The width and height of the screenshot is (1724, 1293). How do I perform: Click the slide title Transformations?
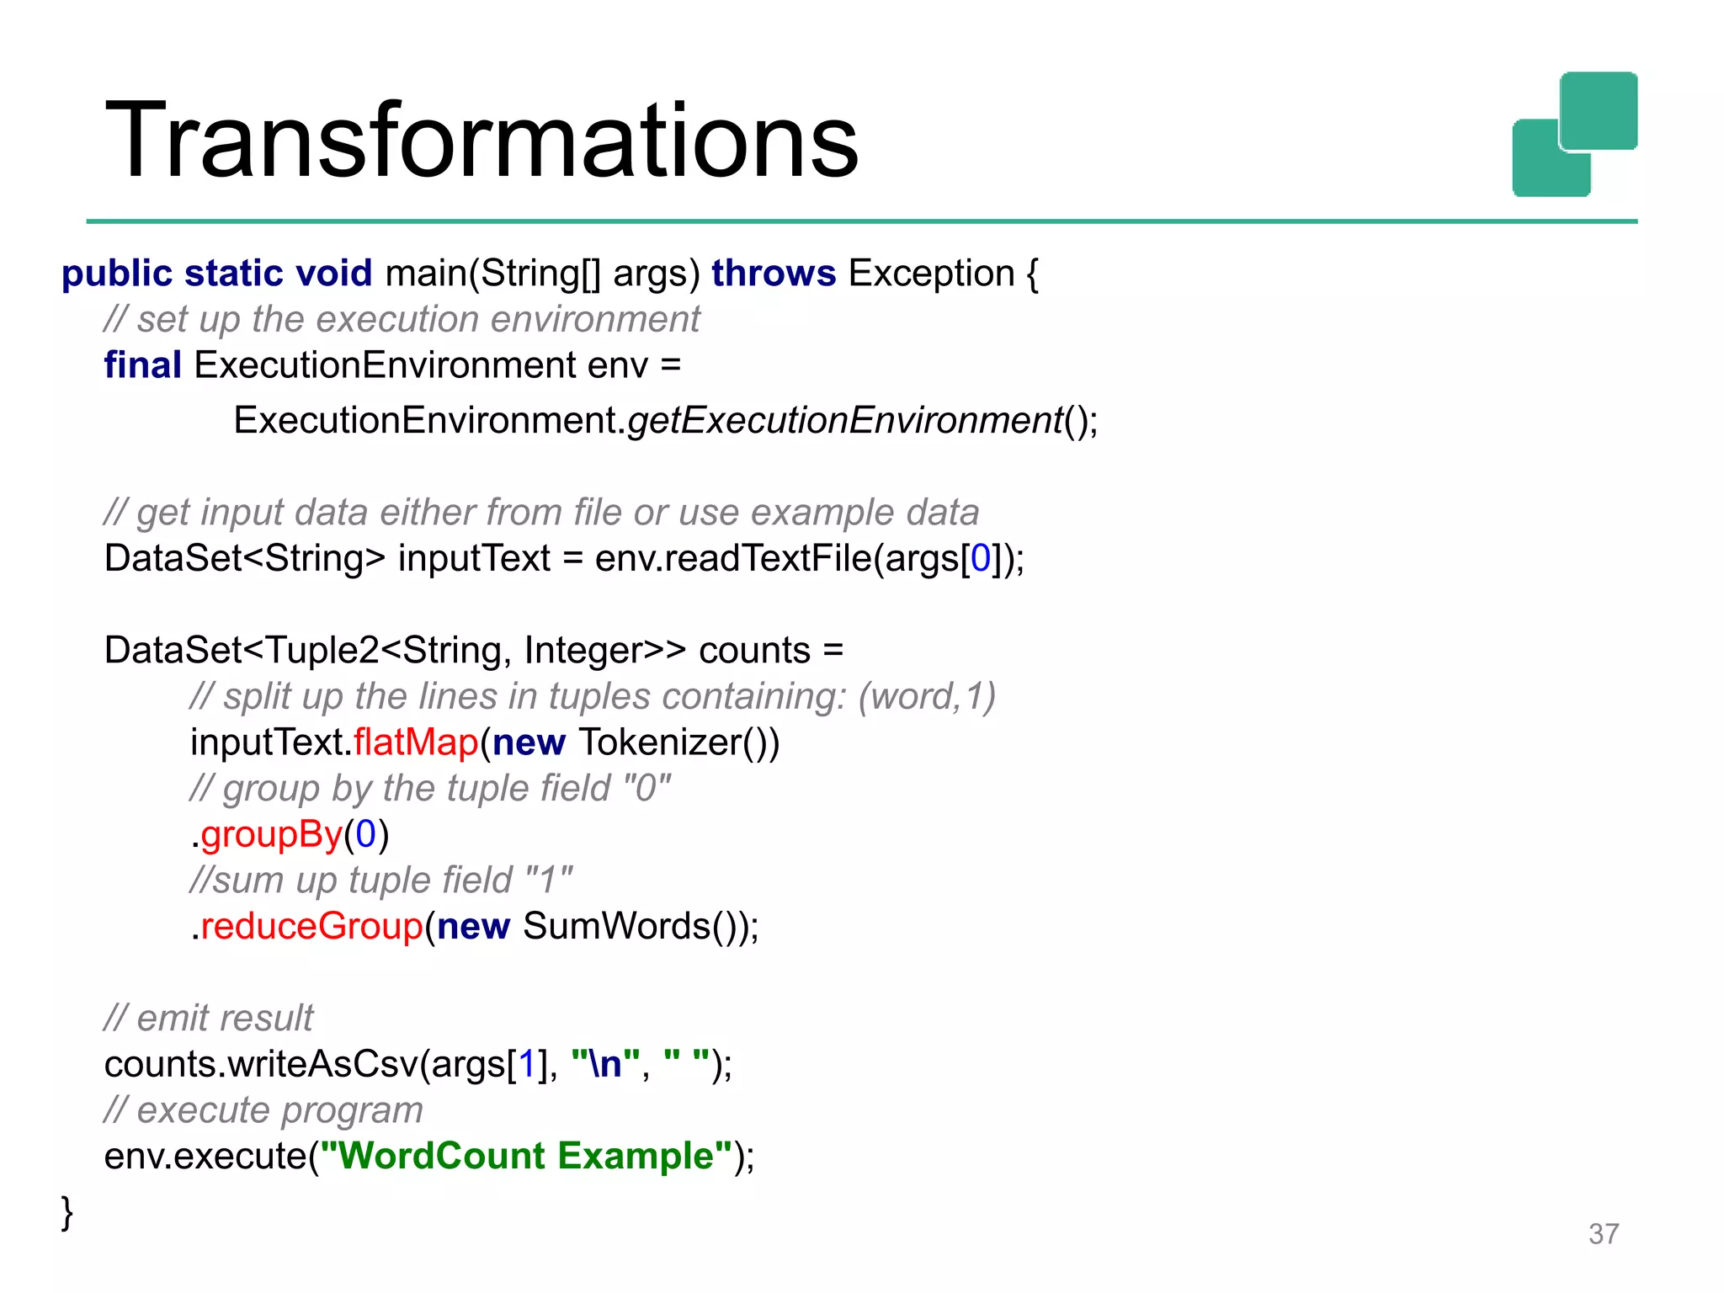[481, 141]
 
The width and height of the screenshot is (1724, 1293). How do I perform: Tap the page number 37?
[1603, 1234]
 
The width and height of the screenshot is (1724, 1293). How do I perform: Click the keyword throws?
[774, 274]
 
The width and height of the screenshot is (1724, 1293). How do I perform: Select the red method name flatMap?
[416, 742]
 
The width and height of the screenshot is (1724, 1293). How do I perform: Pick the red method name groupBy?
[272, 834]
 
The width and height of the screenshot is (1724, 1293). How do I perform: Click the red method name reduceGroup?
[311, 926]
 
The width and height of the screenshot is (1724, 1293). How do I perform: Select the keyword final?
[142, 365]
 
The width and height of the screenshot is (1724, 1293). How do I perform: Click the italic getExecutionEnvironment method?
[845, 420]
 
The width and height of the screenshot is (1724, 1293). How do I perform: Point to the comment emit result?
[209, 1019]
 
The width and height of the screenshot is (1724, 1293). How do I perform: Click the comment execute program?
[263, 1110]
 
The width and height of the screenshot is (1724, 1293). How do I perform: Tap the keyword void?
[334, 274]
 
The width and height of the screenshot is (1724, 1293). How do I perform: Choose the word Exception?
[931, 274]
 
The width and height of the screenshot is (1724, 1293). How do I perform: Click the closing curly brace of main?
[67, 1212]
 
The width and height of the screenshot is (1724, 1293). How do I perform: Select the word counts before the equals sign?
[754, 651]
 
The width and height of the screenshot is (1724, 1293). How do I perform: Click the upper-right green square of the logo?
[1599, 110]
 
